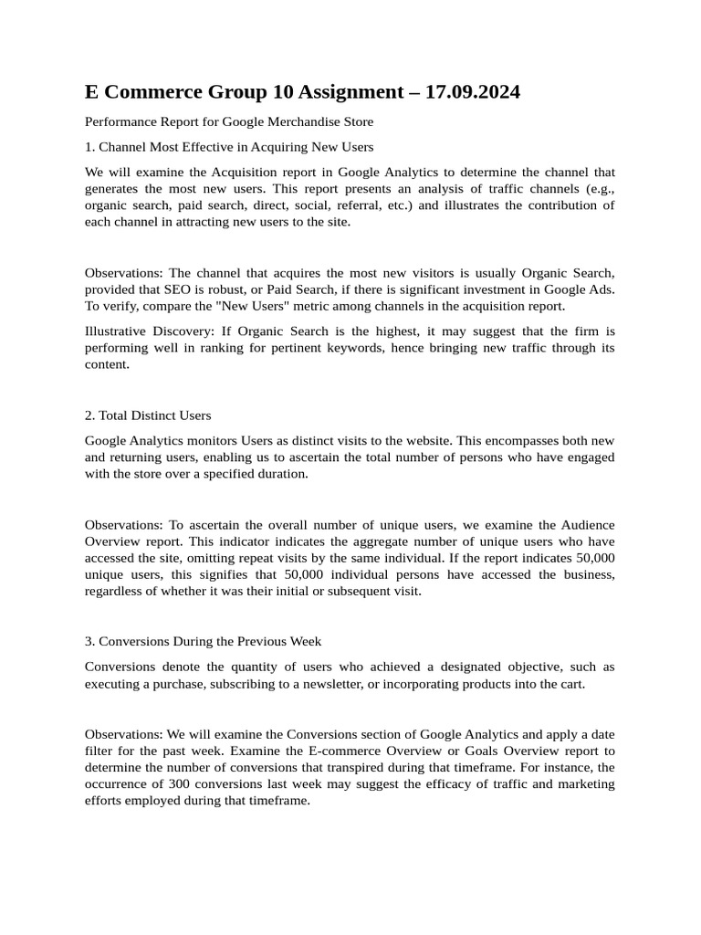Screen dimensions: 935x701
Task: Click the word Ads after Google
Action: coord(601,289)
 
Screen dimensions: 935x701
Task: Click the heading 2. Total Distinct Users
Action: coord(148,415)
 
